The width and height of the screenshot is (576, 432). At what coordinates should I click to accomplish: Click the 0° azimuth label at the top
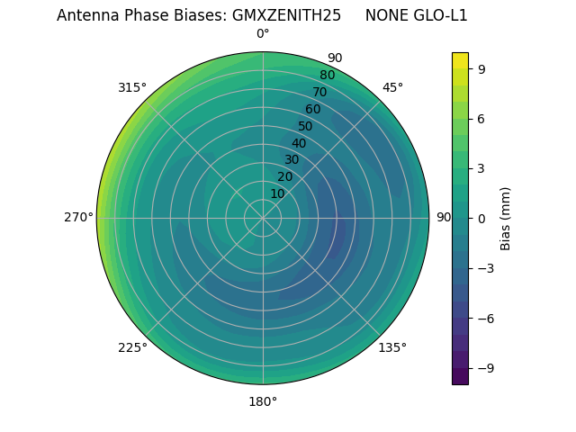point(263,34)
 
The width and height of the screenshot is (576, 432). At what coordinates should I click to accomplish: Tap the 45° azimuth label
point(392,87)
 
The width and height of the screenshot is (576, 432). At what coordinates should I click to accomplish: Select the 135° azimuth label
point(392,347)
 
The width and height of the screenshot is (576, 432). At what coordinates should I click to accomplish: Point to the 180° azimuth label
point(263,401)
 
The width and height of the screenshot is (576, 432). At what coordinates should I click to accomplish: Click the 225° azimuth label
point(132,347)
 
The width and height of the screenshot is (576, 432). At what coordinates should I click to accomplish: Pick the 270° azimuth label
point(78,218)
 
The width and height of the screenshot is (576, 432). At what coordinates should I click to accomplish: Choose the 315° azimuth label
point(132,87)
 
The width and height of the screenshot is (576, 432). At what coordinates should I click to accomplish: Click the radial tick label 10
point(277,193)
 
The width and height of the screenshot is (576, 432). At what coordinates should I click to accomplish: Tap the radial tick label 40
point(299,143)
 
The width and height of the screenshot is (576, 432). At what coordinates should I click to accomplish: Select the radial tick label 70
point(320,92)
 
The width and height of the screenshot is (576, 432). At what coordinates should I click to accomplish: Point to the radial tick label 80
point(328,76)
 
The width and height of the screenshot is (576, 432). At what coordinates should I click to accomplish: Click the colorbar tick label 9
point(481,68)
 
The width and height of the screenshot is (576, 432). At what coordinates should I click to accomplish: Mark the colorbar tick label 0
point(481,218)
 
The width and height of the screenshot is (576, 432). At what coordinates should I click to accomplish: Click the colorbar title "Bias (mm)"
point(506,218)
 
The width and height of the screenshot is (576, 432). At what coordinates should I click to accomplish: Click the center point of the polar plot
point(263,218)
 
